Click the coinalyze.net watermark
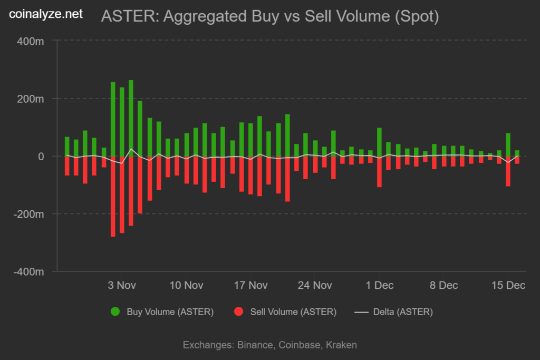[46, 14]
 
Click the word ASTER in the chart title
[129, 17]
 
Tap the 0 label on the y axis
[40, 157]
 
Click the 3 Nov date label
[122, 286]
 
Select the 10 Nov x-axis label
[186, 286]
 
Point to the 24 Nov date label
[315, 286]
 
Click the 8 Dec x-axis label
[443, 286]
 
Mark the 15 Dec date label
[508, 286]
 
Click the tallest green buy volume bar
[131, 119]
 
